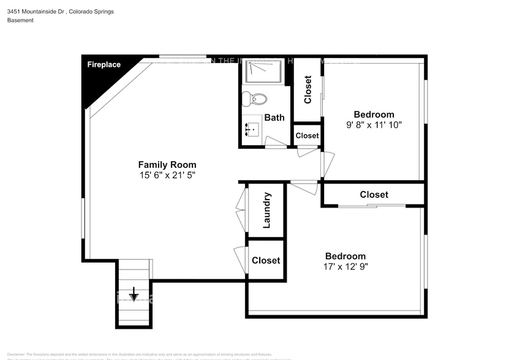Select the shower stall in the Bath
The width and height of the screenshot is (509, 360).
[x=263, y=72]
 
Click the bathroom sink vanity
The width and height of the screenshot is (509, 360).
[x=252, y=129]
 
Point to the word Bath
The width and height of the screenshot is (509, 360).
[x=274, y=118]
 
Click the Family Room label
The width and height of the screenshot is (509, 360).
[x=167, y=164]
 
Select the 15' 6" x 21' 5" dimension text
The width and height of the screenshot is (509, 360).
[x=167, y=176]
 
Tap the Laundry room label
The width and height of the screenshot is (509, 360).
[x=266, y=210]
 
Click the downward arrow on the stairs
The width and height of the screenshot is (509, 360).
[x=134, y=296]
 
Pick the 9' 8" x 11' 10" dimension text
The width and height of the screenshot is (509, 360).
[x=374, y=125]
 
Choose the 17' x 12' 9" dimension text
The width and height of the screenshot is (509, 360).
[x=345, y=266]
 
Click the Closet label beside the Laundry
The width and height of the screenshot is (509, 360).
[x=266, y=260]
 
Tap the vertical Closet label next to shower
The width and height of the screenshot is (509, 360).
[x=307, y=89]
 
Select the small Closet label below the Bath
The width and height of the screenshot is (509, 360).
[x=307, y=135]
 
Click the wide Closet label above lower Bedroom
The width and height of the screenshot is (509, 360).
[x=374, y=194]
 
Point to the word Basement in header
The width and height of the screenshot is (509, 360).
[x=20, y=20]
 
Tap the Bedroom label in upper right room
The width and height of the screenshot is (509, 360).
[x=374, y=114]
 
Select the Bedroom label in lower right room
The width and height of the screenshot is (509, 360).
[x=345, y=256]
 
